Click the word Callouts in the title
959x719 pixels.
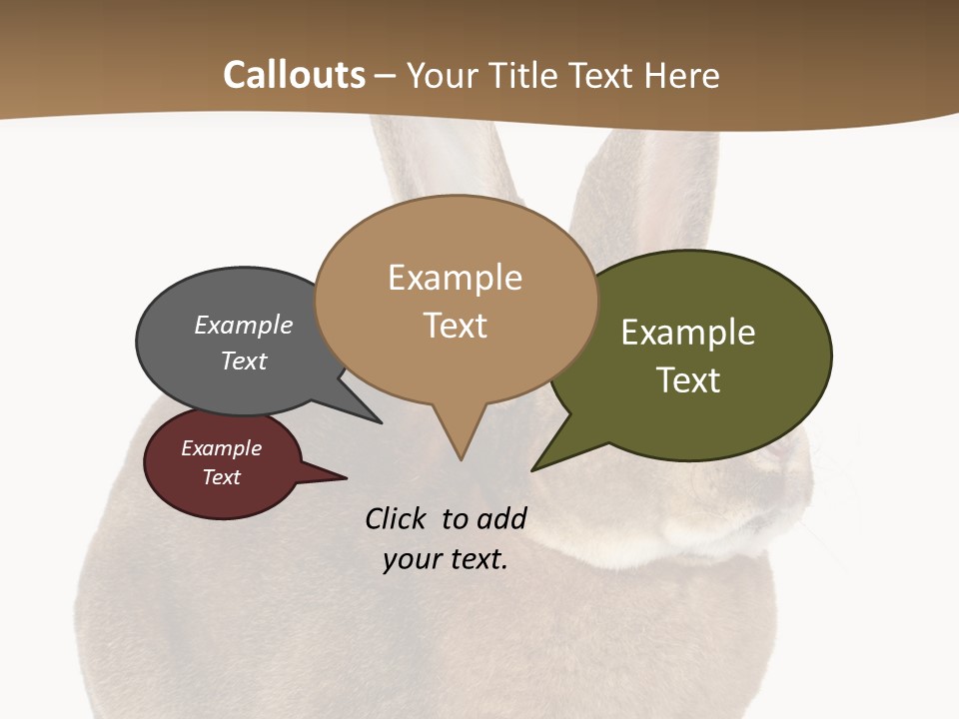[x=294, y=75]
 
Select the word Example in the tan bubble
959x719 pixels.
[x=455, y=278]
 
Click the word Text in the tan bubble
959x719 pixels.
[x=455, y=326]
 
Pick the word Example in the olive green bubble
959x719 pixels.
[x=688, y=333]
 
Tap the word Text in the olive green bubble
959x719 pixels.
[x=688, y=380]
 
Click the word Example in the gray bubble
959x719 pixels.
[x=244, y=326]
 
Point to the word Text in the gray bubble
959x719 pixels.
[x=244, y=360]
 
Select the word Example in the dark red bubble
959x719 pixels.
[x=221, y=448]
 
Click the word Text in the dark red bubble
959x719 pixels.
[x=221, y=477]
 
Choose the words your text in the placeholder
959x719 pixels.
[x=446, y=559]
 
